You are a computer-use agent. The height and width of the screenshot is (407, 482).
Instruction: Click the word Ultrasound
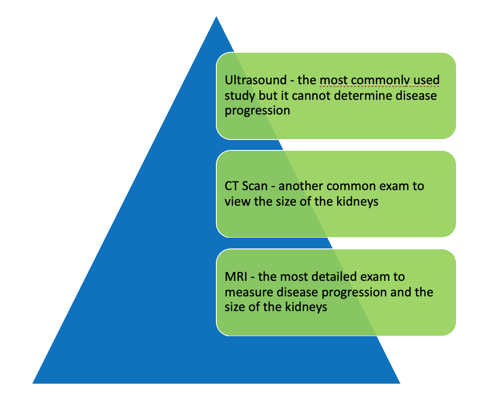256,80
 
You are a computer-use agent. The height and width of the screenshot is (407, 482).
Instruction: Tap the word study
240,96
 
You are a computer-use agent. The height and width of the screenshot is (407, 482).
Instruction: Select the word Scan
254,186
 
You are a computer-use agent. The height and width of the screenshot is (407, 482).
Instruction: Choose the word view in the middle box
237,202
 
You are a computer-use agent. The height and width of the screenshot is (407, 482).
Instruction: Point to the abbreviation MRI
236,277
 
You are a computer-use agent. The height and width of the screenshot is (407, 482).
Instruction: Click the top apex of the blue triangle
216,16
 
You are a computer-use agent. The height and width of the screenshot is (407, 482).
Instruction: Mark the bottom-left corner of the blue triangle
32,383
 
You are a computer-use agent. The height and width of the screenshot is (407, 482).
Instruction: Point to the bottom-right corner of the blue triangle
400,383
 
